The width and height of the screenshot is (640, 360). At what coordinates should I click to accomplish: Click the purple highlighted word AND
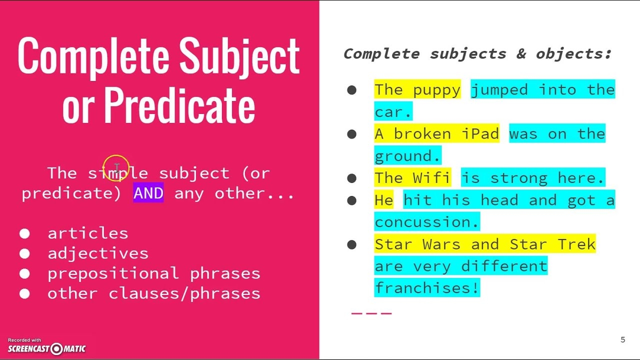click(148, 193)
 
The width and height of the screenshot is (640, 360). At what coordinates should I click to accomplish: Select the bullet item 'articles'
click(87, 233)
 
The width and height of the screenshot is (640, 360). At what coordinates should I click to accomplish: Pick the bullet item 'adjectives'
click(97, 253)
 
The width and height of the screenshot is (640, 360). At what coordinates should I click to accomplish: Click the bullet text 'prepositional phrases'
click(153, 273)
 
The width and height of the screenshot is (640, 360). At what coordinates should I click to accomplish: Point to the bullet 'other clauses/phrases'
click(153, 293)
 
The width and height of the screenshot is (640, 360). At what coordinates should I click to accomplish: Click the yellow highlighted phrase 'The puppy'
click(417, 90)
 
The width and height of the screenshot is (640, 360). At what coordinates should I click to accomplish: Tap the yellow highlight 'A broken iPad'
click(436, 134)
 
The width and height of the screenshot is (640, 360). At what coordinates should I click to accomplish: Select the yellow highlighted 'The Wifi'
click(412, 178)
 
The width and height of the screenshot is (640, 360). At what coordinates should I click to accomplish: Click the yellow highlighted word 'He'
click(383, 200)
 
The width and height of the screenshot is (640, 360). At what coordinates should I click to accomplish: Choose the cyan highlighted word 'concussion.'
click(426, 222)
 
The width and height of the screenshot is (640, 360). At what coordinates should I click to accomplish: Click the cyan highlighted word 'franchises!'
click(426, 288)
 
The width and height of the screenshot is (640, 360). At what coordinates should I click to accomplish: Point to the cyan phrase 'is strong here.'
click(532, 178)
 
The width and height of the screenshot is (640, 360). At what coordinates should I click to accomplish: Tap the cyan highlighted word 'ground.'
click(407, 156)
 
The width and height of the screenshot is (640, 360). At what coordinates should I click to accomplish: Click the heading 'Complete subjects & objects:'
click(477, 53)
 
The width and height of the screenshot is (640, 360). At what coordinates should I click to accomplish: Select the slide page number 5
click(622, 340)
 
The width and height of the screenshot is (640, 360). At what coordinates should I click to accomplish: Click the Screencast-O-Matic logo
click(46, 348)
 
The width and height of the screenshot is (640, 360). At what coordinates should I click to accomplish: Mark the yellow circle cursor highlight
click(116, 167)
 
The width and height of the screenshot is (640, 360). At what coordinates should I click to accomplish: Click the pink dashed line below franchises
click(371, 313)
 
